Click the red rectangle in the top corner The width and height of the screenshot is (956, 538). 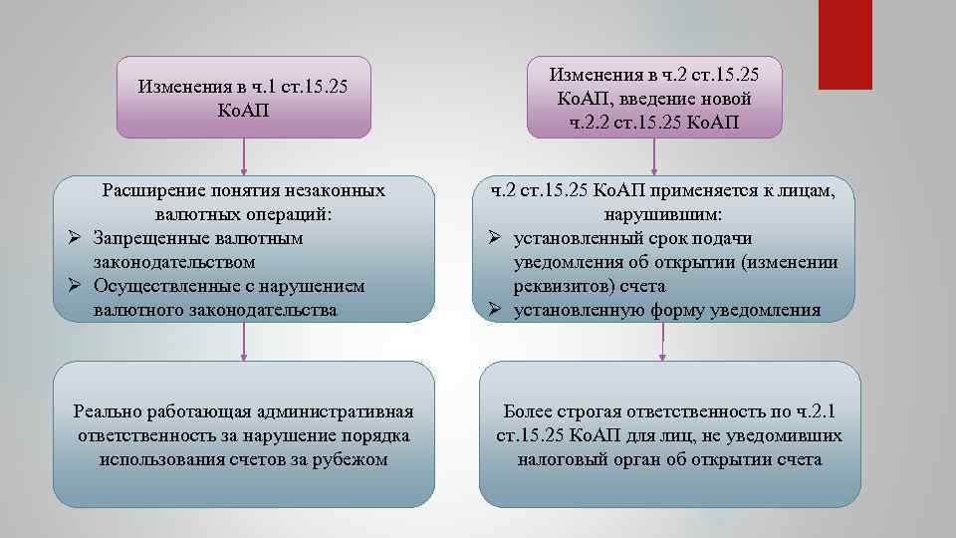(844, 44)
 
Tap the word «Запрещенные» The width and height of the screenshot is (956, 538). (148, 238)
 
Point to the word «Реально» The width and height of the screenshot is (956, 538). (107, 412)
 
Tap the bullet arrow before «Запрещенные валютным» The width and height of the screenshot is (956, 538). (70, 238)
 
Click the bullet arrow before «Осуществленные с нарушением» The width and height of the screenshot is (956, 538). (70, 286)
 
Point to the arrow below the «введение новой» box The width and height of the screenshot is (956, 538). (654, 156)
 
